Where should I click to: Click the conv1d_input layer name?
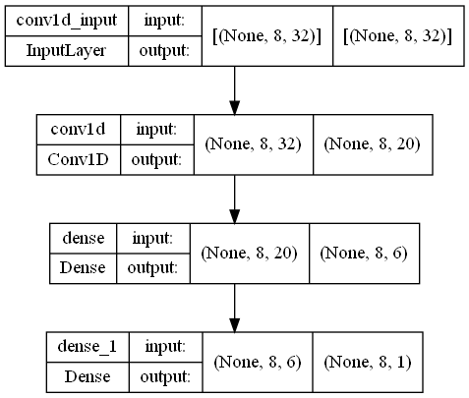(x=67, y=21)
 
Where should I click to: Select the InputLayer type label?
(x=67, y=51)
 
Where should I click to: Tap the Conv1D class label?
(x=78, y=160)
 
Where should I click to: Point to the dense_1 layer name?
(x=88, y=347)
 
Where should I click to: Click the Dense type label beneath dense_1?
(x=88, y=376)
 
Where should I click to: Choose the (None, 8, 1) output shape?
(x=368, y=362)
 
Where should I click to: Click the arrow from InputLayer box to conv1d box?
(x=234, y=90)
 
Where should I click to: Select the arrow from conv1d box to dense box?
(x=234, y=199)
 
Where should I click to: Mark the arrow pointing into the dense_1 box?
(x=234, y=308)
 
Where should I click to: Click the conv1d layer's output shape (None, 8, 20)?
(x=372, y=144)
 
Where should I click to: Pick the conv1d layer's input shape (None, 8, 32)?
(x=253, y=144)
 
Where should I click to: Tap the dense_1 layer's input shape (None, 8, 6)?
(x=258, y=362)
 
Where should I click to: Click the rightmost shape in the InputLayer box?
(x=398, y=35)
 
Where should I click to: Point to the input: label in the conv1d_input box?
(x=164, y=21)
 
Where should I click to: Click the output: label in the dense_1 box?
(x=165, y=377)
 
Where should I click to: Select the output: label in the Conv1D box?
(x=156, y=160)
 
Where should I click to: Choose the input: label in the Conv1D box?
(x=156, y=130)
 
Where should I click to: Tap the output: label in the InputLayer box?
(x=164, y=51)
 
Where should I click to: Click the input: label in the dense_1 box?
(x=165, y=347)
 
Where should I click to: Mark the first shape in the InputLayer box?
(x=266, y=35)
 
